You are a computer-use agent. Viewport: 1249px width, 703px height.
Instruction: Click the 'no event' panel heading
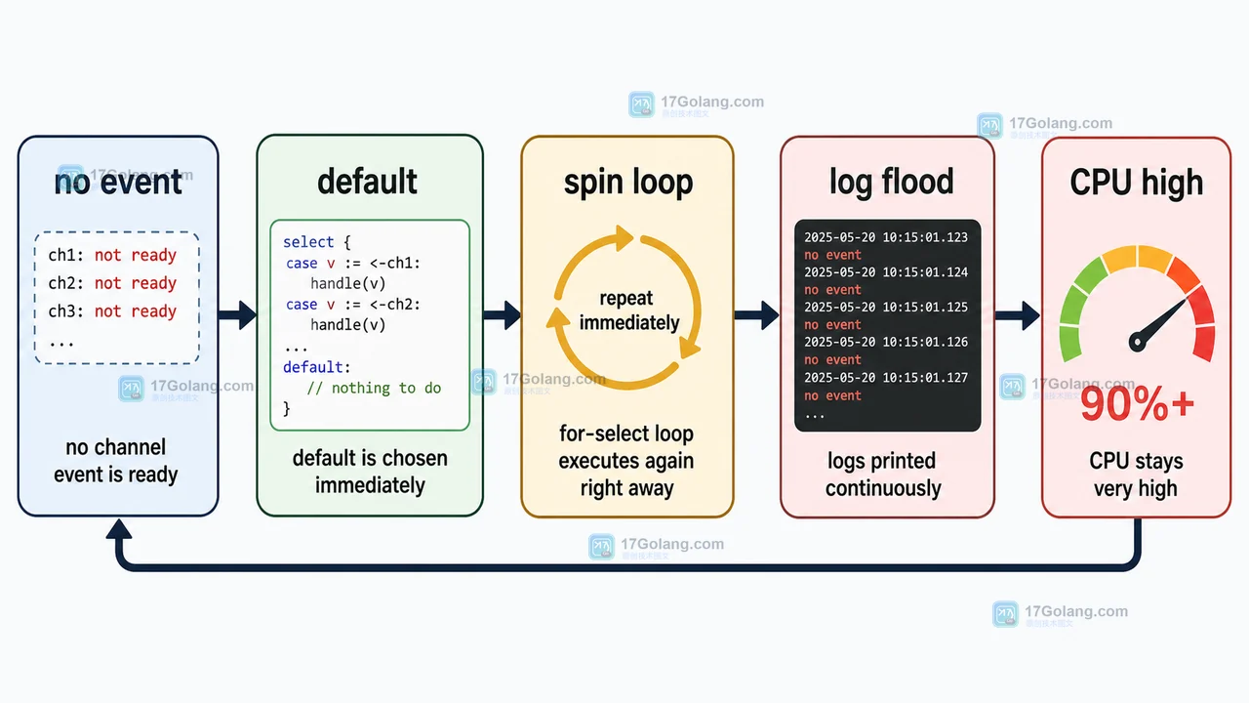click(x=118, y=183)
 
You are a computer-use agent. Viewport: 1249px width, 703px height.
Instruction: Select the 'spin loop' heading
click(x=628, y=183)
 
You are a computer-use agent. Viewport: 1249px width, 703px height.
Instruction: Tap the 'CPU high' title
click(x=1137, y=183)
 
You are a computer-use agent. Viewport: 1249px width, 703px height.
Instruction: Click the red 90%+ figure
click(x=1138, y=404)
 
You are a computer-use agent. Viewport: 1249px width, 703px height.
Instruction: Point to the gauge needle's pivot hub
click(x=1137, y=342)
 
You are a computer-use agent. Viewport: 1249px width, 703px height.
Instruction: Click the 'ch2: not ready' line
click(x=112, y=283)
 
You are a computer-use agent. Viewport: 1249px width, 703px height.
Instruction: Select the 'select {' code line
click(x=317, y=242)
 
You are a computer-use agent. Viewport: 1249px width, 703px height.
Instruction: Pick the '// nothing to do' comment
click(x=374, y=388)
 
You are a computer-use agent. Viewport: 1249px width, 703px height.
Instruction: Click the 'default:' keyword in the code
click(x=317, y=367)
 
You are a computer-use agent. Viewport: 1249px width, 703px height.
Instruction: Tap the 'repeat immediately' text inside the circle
click(x=627, y=310)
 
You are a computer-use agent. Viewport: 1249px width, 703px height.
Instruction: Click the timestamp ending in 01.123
click(x=886, y=237)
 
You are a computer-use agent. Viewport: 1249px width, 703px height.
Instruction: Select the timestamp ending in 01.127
click(x=886, y=378)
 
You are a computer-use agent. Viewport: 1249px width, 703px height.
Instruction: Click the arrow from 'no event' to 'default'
click(x=237, y=315)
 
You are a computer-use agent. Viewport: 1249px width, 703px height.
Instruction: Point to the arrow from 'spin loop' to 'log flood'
click(x=756, y=315)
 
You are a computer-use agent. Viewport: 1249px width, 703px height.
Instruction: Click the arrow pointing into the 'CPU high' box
click(x=1018, y=315)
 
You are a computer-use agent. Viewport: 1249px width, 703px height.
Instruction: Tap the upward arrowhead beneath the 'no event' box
click(x=119, y=529)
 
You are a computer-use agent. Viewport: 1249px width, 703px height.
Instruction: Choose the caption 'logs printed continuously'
click(x=883, y=475)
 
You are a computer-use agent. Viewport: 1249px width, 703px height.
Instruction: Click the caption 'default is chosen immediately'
click(x=370, y=472)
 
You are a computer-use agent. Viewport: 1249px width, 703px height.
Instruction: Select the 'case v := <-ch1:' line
click(x=353, y=263)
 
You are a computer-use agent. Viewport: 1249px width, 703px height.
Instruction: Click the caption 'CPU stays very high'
click(x=1136, y=475)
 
